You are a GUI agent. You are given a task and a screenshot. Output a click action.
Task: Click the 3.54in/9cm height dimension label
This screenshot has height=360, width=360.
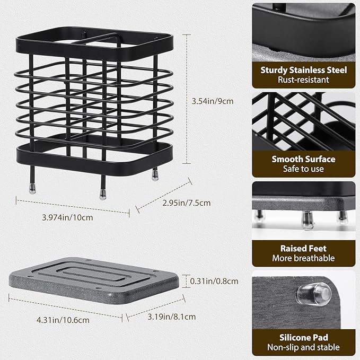(x=213, y=101)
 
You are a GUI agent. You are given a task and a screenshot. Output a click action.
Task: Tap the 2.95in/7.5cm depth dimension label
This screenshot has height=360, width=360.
(x=187, y=203)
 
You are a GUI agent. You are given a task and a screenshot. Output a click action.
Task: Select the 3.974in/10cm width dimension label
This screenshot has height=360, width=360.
(x=67, y=217)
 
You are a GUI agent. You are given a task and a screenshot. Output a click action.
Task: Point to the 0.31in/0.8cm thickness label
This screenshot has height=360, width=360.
(x=214, y=281)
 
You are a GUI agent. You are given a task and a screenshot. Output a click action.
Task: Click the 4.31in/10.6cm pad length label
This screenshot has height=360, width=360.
(x=63, y=320)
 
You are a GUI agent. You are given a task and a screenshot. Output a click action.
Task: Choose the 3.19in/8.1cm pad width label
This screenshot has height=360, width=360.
(x=172, y=317)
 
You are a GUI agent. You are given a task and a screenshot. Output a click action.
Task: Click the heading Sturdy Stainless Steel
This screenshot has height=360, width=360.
(x=303, y=71)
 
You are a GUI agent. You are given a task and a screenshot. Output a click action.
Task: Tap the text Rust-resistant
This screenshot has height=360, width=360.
(x=303, y=80)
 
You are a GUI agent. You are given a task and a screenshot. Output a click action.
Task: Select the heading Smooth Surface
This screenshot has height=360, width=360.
(x=303, y=159)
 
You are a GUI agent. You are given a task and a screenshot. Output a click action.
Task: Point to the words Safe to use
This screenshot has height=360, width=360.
(x=303, y=169)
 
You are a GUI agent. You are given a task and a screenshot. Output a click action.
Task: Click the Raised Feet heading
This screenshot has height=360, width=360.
(x=303, y=249)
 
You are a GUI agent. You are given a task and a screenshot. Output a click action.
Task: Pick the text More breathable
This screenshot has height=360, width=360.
(x=303, y=258)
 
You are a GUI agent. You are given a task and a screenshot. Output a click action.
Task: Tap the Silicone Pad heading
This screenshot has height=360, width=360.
(x=303, y=338)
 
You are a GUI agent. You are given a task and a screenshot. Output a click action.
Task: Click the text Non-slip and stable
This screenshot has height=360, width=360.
(x=303, y=347)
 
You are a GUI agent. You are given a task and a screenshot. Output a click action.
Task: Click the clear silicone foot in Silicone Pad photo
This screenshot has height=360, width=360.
(x=314, y=294)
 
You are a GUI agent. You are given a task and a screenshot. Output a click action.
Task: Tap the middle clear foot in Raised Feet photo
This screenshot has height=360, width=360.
(x=308, y=221)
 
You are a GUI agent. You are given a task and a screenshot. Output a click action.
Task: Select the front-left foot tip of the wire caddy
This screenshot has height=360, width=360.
(x=32, y=190)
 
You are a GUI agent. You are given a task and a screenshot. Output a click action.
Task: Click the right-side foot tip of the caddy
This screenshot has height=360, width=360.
(x=155, y=177)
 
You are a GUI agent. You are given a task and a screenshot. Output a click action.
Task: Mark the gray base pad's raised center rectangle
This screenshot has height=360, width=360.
(x=94, y=275)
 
